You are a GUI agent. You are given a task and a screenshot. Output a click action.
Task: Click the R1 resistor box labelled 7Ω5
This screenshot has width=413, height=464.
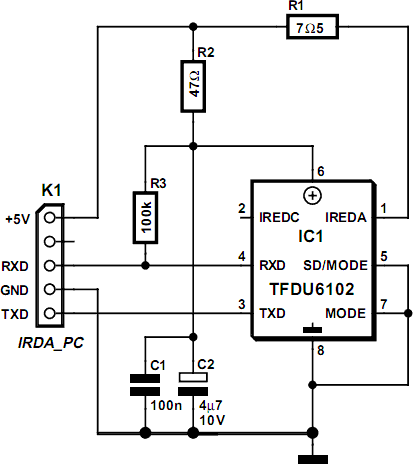pyautogui.click(x=312, y=27)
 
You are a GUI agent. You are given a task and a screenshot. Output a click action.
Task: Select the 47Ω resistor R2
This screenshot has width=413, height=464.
pyautogui.click(x=193, y=86)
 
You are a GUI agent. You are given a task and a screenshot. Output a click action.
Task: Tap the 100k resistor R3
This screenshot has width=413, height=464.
pyautogui.click(x=145, y=217)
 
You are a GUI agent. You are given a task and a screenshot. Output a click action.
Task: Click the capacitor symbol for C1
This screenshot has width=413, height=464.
pyautogui.click(x=145, y=385)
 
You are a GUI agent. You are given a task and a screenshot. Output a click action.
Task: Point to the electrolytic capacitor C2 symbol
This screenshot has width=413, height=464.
pyautogui.click(x=193, y=384)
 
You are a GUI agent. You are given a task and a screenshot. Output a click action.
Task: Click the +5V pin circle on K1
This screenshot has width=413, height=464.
pyautogui.click(x=49, y=218)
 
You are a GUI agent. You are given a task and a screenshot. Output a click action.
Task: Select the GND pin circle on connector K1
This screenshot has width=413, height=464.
pyautogui.click(x=49, y=289)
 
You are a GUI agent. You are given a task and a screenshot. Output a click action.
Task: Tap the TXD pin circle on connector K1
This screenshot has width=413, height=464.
pyautogui.click(x=49, y=313)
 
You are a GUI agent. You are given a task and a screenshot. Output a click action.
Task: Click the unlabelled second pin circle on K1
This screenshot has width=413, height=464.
pyautogui.click(x=49, y=241)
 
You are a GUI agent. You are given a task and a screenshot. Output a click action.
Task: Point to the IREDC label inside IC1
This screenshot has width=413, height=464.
pyautogui.click(x=279, y=218)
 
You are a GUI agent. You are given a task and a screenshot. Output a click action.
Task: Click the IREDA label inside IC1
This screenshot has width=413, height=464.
pyautogui.click(x=346, y=218)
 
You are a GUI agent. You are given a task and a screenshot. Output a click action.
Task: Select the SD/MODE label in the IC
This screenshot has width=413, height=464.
pyautogui.click(x=335, y=265)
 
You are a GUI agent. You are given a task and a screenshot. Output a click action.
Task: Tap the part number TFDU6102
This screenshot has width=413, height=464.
pyautogui.click(x=312, y=289)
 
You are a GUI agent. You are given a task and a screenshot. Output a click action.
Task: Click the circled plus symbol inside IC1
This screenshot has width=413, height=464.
pyautogui.click(x=313, y=195)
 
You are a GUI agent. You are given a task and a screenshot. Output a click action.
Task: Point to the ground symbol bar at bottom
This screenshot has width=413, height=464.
pyautogui.click(x=313, y=459)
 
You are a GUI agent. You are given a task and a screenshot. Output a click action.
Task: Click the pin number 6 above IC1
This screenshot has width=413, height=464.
pyautogui.click(x=321, y=171)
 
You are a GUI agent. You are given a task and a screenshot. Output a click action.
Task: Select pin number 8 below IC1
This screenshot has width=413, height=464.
pyautogui.click(x=321, y=351)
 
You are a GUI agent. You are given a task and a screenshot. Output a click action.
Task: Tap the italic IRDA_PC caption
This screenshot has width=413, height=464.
pyautogui.click(x=51, y=343)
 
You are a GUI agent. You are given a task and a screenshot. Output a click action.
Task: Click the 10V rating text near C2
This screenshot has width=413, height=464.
pyautogui.click(x=212, y=420)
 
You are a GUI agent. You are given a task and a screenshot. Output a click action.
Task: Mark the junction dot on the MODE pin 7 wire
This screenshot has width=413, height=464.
pyautogui.click(x=408, y=313)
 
